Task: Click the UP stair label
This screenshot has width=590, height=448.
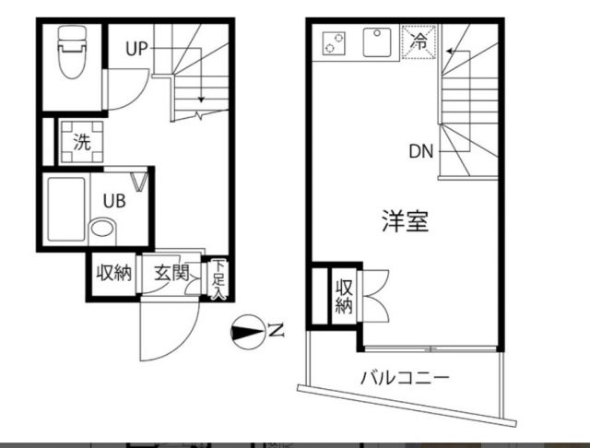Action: (137, 50)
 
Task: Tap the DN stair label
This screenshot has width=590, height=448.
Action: (421, 152)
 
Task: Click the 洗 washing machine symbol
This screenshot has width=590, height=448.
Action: (82, 143)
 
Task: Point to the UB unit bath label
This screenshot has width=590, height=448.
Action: (113, 200)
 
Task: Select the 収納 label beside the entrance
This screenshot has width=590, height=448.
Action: (115, 273)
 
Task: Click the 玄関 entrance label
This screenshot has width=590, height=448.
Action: (171, 273)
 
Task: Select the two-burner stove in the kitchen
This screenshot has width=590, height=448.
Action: (334, 41)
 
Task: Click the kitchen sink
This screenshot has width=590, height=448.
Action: (377, 41)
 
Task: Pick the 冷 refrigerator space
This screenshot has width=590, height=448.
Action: (419, 41)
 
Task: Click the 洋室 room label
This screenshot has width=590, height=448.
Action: (406, 221)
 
